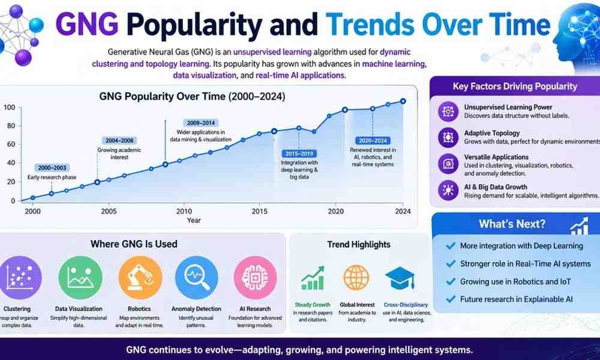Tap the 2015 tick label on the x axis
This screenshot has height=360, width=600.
[260, 211]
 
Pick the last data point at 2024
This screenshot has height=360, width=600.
[403, 101]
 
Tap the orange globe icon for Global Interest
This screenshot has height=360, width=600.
[356, 278]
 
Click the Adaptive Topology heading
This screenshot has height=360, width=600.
[492, 133]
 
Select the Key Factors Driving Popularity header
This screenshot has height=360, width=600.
[515, 86]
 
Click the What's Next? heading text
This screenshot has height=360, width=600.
[512, 224]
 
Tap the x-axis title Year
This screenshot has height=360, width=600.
[194, 220]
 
